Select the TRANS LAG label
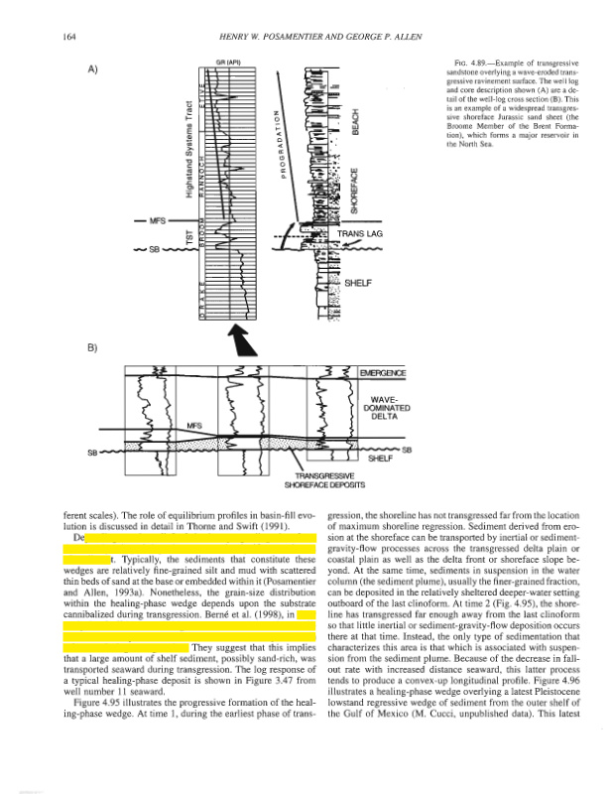click(357, 235)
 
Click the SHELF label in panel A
click(357, 283)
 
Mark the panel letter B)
click(94, 348)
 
